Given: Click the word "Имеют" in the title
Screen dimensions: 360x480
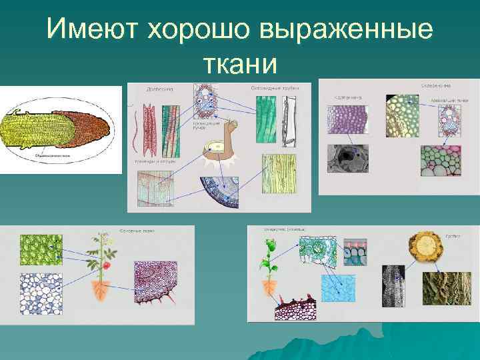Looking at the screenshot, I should pyautogui.click(x=94, y=29).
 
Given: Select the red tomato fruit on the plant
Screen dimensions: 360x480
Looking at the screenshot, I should pyautogui.click(x=105, y=265).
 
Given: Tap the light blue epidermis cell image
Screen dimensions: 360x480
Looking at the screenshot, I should pyautogui.click(x=339, y=287).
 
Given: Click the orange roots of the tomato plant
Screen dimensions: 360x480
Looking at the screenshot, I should pyautogui.click(x=102, y=291).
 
